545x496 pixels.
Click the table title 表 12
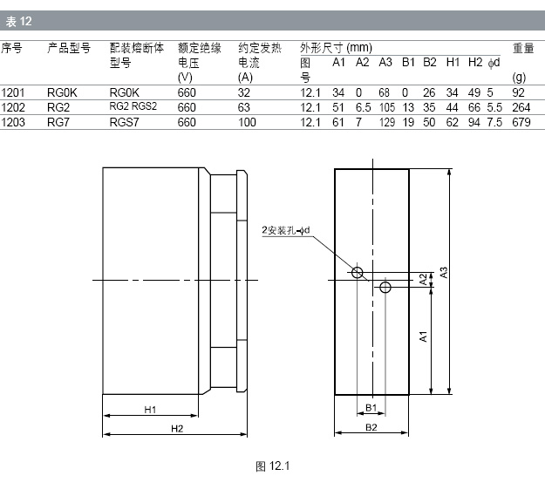(x=19, y=22)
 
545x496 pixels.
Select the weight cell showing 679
(x=521, y=122)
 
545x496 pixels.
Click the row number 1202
(x=13, y=108)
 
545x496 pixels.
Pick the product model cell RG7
(x=58, y=122)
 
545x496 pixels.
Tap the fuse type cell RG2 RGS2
(x=133, y=106)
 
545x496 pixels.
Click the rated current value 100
(x=247, y=122)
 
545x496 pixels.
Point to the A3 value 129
(x=387, y=122)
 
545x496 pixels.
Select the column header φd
(x=494, y=63)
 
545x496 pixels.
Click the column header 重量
(x=523, y=48)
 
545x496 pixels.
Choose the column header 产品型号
(x=69, y=48)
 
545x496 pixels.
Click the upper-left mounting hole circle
(x=357, y=273)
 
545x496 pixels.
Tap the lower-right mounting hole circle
(x=385, y=288)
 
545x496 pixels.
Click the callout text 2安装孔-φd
(x=286, y=230)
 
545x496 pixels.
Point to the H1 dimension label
(x=150, y=410)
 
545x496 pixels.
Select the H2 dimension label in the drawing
(x=177, y=429)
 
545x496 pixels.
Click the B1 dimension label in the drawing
(x=371, y=408)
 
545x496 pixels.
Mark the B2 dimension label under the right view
(x=371, y=427)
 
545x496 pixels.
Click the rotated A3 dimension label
(x=444, y=272)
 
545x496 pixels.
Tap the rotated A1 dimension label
(x=423, y=336)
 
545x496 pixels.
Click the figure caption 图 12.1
(x=272, y=466)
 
